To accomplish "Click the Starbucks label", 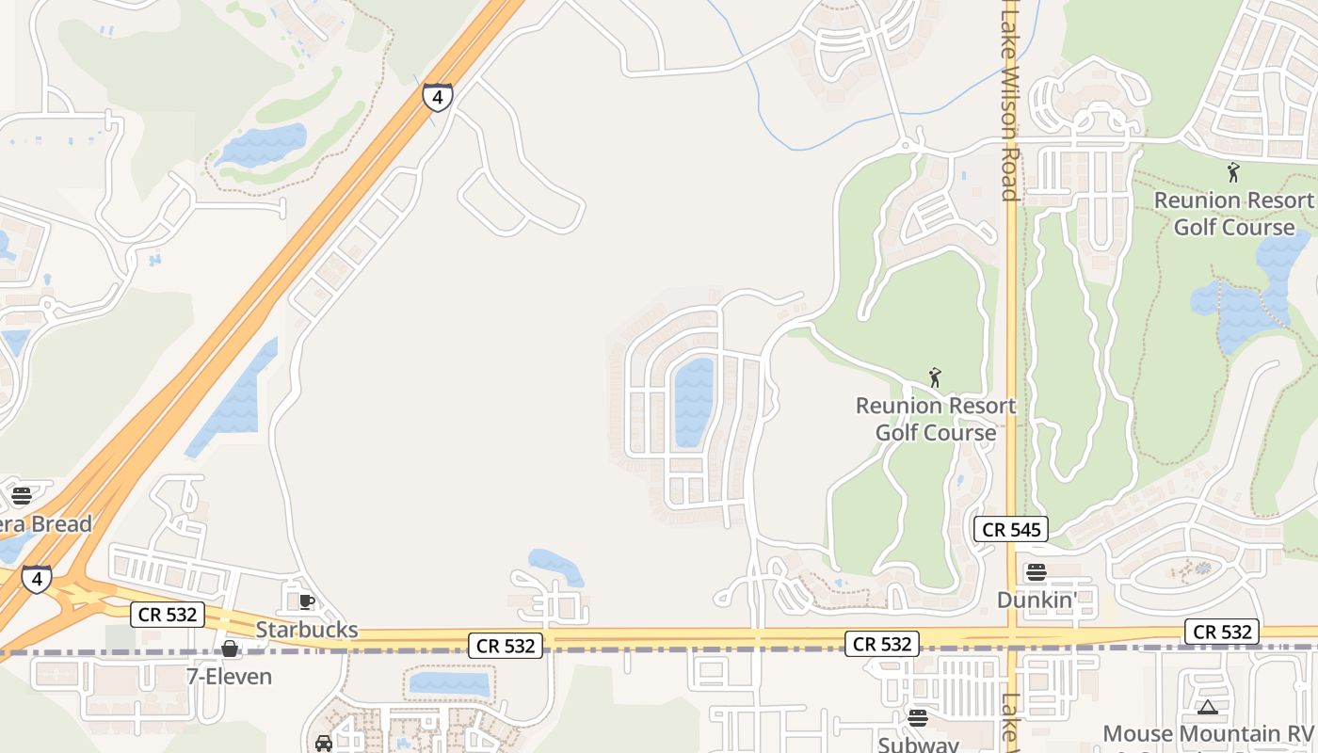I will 307,630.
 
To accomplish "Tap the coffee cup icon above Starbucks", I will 306,601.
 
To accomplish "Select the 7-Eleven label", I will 229,676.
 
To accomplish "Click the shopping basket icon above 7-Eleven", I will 229,649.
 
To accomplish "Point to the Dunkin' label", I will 1037,600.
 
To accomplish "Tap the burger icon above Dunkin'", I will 1037,572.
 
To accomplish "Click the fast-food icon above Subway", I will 918,718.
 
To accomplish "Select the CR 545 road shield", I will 1011,529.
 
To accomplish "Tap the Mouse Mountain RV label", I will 1207,733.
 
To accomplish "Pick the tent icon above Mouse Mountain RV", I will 1208,707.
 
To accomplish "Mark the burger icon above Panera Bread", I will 22,495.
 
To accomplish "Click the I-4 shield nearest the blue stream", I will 437,96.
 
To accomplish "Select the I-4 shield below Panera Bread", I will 37,579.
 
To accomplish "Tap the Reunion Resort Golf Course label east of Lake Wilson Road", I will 1233,214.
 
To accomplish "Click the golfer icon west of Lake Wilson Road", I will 935,377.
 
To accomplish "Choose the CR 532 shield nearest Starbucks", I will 168,615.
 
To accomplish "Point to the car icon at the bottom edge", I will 324,744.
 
